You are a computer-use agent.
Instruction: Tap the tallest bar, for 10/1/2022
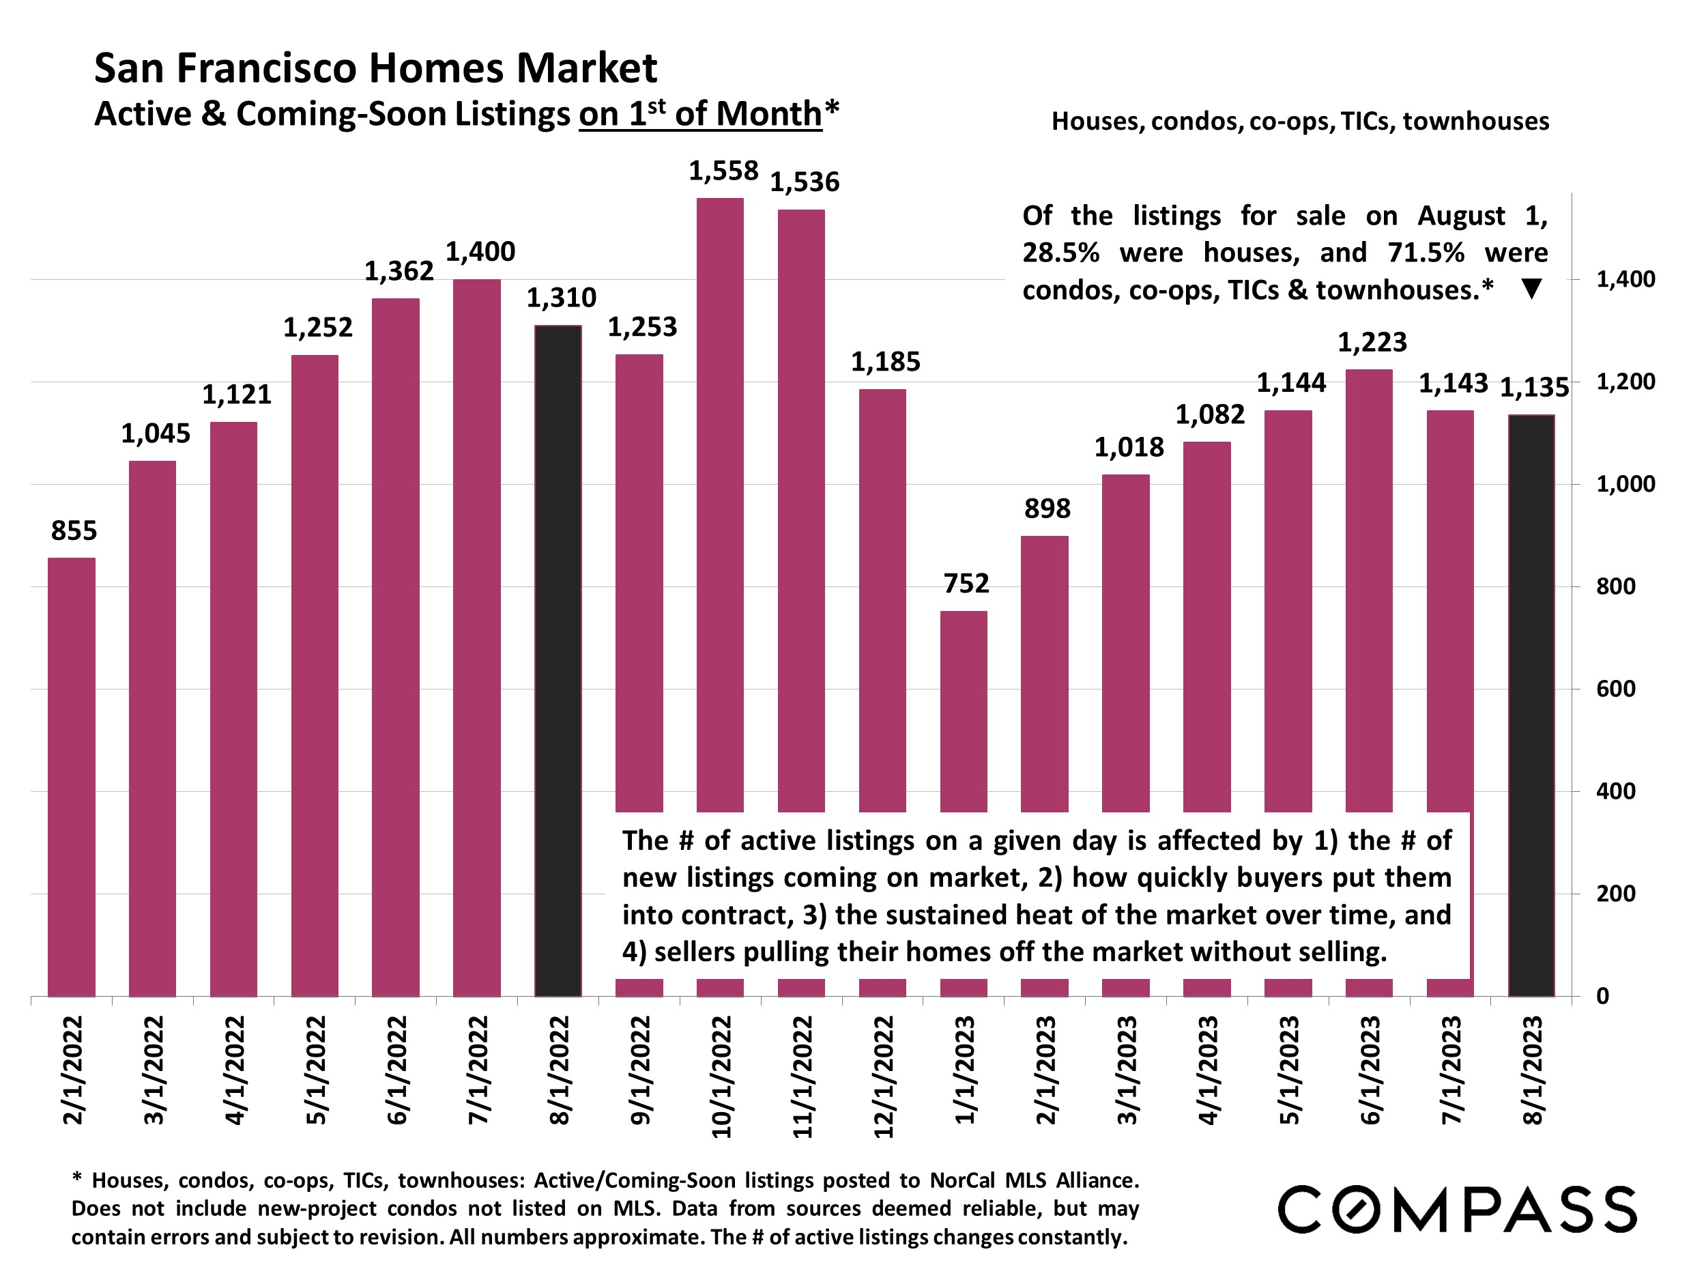click(x=719, y=502)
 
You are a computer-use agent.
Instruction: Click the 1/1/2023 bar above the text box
click(x=964, y=710)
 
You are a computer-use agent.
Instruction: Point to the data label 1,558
click(x=723, y=171)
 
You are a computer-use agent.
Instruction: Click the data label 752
click(x=966, y=583)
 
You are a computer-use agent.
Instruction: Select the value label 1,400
click(x=480, y=251)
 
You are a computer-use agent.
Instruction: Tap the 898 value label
click(x=1047, y=509)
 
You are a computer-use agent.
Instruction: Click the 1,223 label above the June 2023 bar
click(x=1371, y=342)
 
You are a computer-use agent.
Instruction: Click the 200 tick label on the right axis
click(x=1615, y=894)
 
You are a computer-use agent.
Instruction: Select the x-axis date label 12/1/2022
click(x=884, y=1077)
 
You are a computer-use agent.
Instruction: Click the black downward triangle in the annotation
click(x=1531, y=289)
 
